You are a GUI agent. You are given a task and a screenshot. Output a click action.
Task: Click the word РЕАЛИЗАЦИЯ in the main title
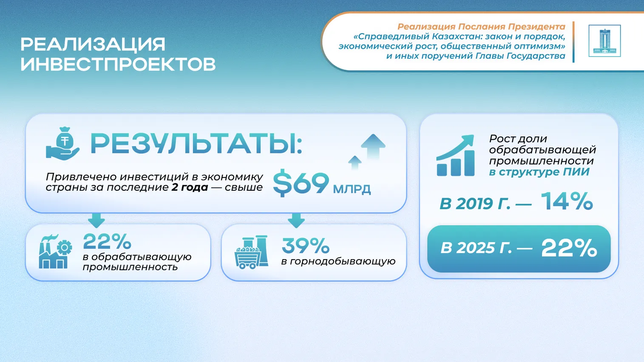[x=93, y=44]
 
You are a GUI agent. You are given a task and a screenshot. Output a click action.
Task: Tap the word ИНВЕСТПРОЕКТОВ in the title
[x=118, y=64]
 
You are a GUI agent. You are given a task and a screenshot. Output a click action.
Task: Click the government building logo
[x=604, y=41]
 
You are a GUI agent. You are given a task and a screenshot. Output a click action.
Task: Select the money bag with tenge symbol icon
[x=62, y=144]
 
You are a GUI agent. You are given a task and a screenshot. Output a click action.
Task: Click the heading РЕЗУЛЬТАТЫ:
[x=196, y=144]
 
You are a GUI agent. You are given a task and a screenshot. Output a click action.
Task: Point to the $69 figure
[x=301, y=183]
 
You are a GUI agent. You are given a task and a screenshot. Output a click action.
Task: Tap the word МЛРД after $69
[x=352, y=189]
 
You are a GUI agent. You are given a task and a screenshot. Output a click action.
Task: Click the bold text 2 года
[x=190, y=187]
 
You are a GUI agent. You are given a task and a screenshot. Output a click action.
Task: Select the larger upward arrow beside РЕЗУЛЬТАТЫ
[x=373, y=146]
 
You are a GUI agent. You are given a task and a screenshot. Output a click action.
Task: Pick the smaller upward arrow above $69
[x=355, y=162]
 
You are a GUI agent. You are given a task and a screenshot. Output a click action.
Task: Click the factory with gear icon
[x=55, y=252]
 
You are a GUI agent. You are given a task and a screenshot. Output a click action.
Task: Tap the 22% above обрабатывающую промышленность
[x=107, y=241]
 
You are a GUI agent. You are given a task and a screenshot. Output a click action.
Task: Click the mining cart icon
[x=252, y=252]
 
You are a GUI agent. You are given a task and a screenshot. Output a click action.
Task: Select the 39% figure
[x=305, y=246]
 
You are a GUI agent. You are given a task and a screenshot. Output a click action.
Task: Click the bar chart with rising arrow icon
[x=455, y=155]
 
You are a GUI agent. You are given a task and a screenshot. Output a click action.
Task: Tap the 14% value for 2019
[x=567, y=201]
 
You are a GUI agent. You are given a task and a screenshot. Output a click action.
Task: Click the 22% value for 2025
[x=569, y=248]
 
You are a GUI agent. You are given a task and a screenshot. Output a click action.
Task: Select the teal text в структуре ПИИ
[x=539, y=172]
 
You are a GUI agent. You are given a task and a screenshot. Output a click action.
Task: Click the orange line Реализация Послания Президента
[x=482, y=27]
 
